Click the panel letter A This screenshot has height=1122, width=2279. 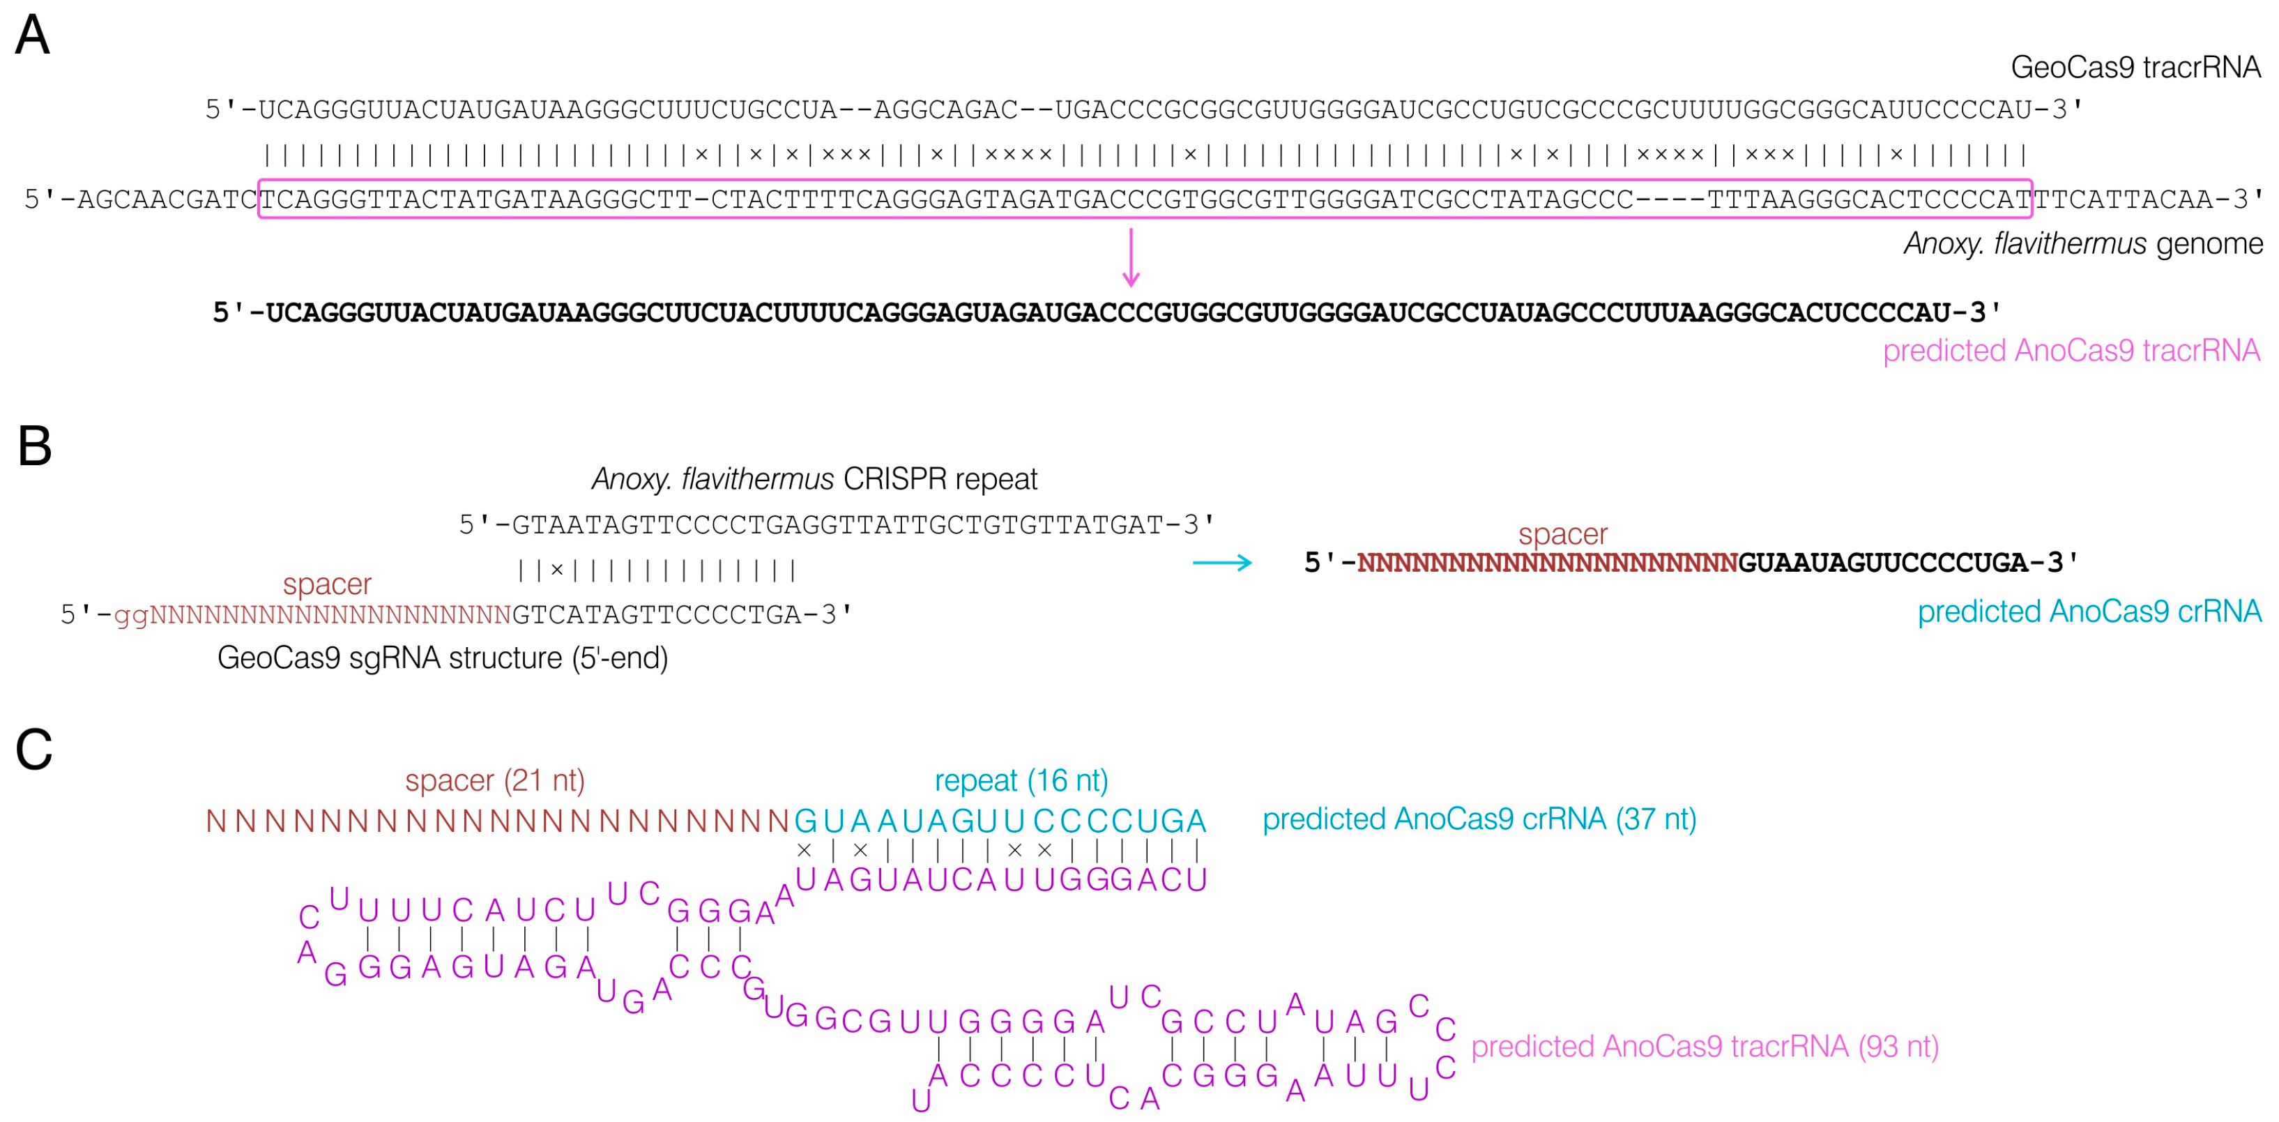click(x=33, y=36)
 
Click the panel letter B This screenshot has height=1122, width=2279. click(x=34, y=447)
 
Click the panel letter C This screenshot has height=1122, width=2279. click(x=34, y=750)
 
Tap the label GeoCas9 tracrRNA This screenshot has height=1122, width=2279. click(x=2135, y=67)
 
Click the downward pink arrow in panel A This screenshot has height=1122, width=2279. click(x=1130, y=257)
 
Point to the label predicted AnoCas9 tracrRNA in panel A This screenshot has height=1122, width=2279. click(x=2071, y=350)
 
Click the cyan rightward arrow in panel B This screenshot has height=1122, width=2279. click(x=1222, y=563)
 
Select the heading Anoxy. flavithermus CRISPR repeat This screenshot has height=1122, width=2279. click(x=814, y=478)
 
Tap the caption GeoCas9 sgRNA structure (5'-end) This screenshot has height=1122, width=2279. click(x=443, y=658)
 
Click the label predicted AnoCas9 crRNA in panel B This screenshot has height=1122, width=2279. click(x=2088, y=612)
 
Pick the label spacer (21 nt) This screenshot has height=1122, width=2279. click(x=494, y=780)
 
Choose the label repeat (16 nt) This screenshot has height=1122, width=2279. click(x=1021, y=780)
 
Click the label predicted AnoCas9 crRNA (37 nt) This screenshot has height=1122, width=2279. click(x=1479, y=819)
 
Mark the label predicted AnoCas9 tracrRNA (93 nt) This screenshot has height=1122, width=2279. click(x=1704, y=1047)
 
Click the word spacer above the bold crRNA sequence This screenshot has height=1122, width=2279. click(x=1562, y=534)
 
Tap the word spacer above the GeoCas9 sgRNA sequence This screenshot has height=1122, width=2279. click(x=326, y=584)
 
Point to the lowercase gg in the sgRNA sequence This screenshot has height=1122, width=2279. click(x=131, y=615)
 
